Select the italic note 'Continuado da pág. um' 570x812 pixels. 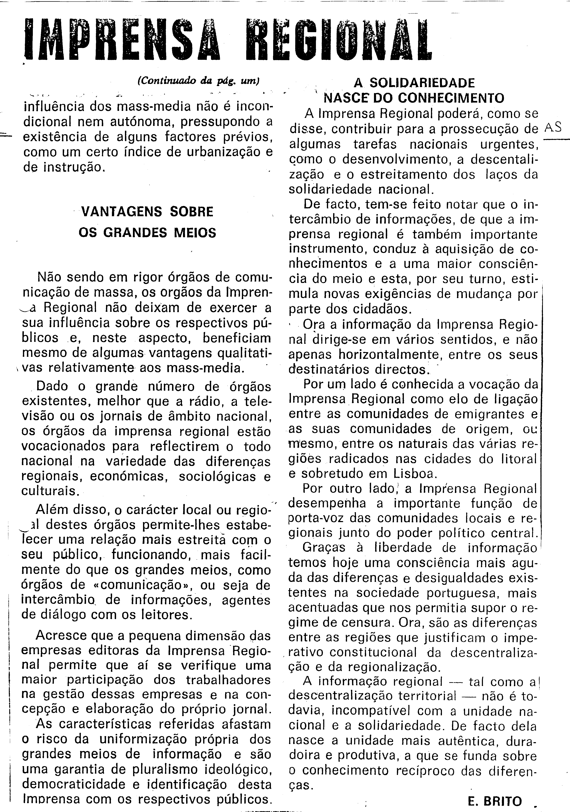[x=198, y=81]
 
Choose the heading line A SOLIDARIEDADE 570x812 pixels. [x=414, y=83]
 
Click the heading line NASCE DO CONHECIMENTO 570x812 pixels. [x=414, y=98]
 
